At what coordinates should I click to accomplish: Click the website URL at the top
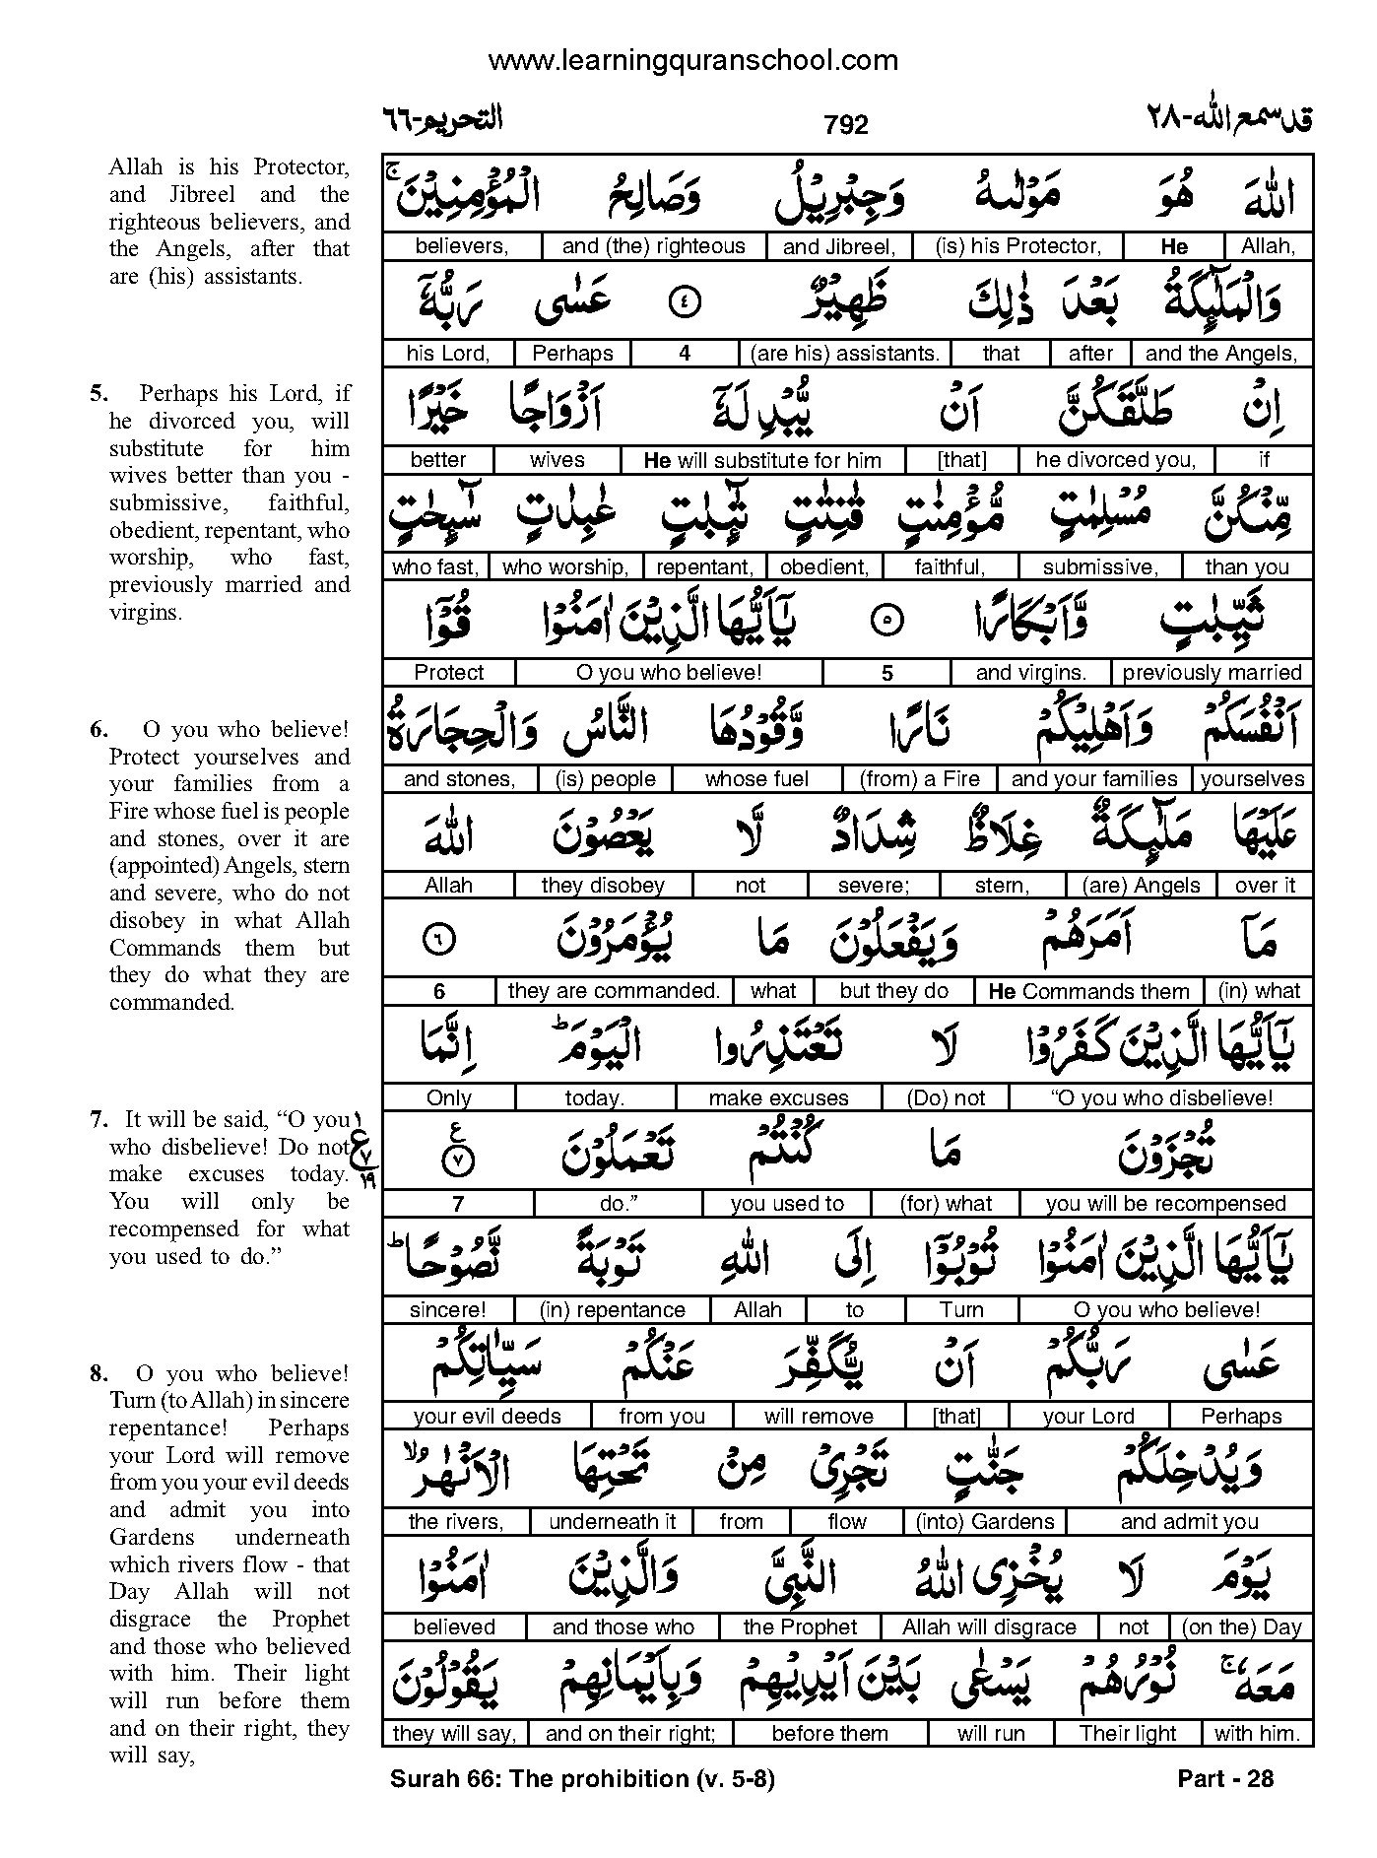click(692, 61)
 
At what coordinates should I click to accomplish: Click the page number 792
click(846, 125)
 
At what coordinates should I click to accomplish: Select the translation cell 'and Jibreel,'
click(838, 247)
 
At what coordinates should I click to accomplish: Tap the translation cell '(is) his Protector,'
click(1017, 246)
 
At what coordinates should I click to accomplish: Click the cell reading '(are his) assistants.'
click(844, 354)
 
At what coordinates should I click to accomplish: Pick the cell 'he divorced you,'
click(1115, 460)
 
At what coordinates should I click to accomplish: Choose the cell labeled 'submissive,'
click(1099, 567)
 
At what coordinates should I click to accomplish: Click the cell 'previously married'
click(1212, 673)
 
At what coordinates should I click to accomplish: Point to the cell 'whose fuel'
click(756, 779)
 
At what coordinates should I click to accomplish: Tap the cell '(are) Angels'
click(1141, 886)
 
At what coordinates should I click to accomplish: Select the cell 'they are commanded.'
click(614, 991)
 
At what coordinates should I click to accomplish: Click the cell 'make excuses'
click(778, 1097)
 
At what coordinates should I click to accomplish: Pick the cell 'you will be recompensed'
click(1165, 1204)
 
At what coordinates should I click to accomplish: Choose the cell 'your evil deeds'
click(487, 1417)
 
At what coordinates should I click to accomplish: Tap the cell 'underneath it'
click(612, 1522)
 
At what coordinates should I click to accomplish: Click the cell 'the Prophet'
click(800, 1627)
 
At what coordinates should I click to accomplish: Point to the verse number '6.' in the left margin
click(98, 730)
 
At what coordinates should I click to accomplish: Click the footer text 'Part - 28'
click(1225, 1778)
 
